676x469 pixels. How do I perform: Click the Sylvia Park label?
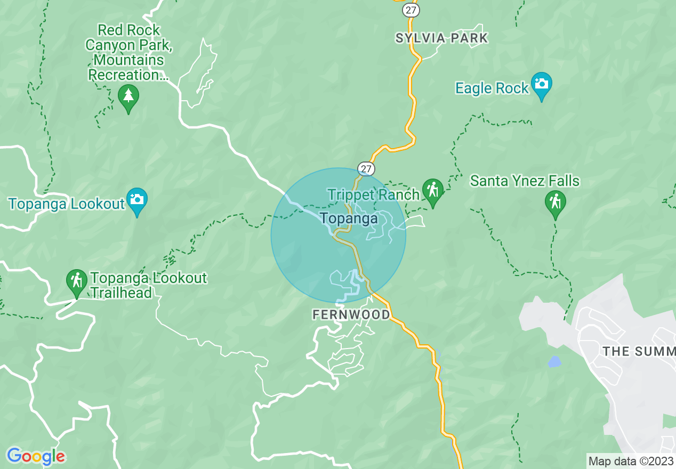[x=441, y=38]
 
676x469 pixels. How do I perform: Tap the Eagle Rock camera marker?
[x=542, y=85]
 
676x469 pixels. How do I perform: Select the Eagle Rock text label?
[x=492, y=88]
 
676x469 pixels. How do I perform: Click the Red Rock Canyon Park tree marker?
[x=128, y=97]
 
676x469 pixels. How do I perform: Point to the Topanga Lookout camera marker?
[x=137, y=200]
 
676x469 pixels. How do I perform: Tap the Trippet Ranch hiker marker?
[x=432, y=191]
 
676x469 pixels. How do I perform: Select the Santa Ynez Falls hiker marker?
[x=556, y=203]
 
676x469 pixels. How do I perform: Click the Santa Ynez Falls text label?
[x=525, y=181]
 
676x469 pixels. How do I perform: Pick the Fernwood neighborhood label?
[x=351, y=315]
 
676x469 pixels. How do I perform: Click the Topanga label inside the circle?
[x=349, y=218]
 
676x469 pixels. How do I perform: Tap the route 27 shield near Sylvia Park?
[x=412, y=10]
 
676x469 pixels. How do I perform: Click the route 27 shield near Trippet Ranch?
[x=366, y=169]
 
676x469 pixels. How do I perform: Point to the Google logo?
[x=36, y=456]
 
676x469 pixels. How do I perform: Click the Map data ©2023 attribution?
[x=631, y=461]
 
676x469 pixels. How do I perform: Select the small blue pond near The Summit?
[x=554, y=362]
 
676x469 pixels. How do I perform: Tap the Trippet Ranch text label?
[x=373, y=195]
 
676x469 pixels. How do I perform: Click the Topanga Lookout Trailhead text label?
[x=148, y=285]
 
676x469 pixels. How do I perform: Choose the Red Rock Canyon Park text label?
[x=128, y=52]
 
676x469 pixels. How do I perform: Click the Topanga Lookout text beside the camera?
[x=66, y=204]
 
